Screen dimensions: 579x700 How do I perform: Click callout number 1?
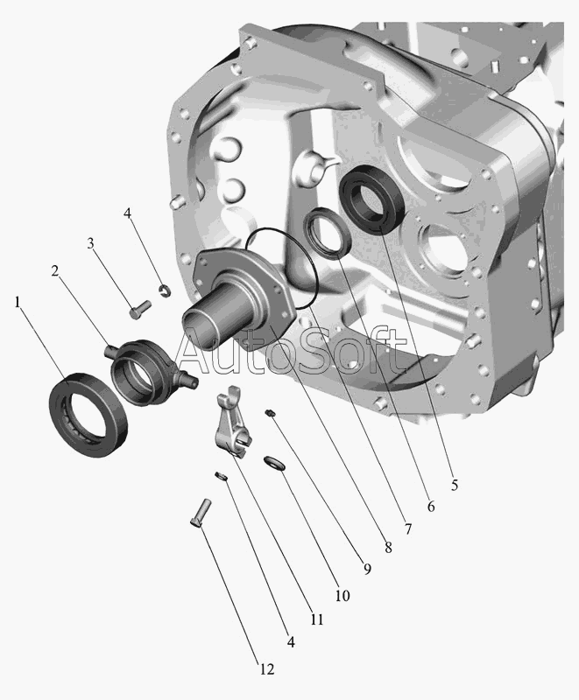pos(18,303)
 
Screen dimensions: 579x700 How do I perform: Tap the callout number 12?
pos(266,669)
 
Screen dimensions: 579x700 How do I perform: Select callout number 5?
pos(455,485)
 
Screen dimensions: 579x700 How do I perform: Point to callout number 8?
pos(388,548)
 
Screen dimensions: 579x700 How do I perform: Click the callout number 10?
pos(342,596)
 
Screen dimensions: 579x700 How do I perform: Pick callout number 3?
pos(91,243)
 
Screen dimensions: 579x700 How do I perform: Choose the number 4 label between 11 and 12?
pos(291,642)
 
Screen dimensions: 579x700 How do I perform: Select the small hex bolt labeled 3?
pos(140,309)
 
